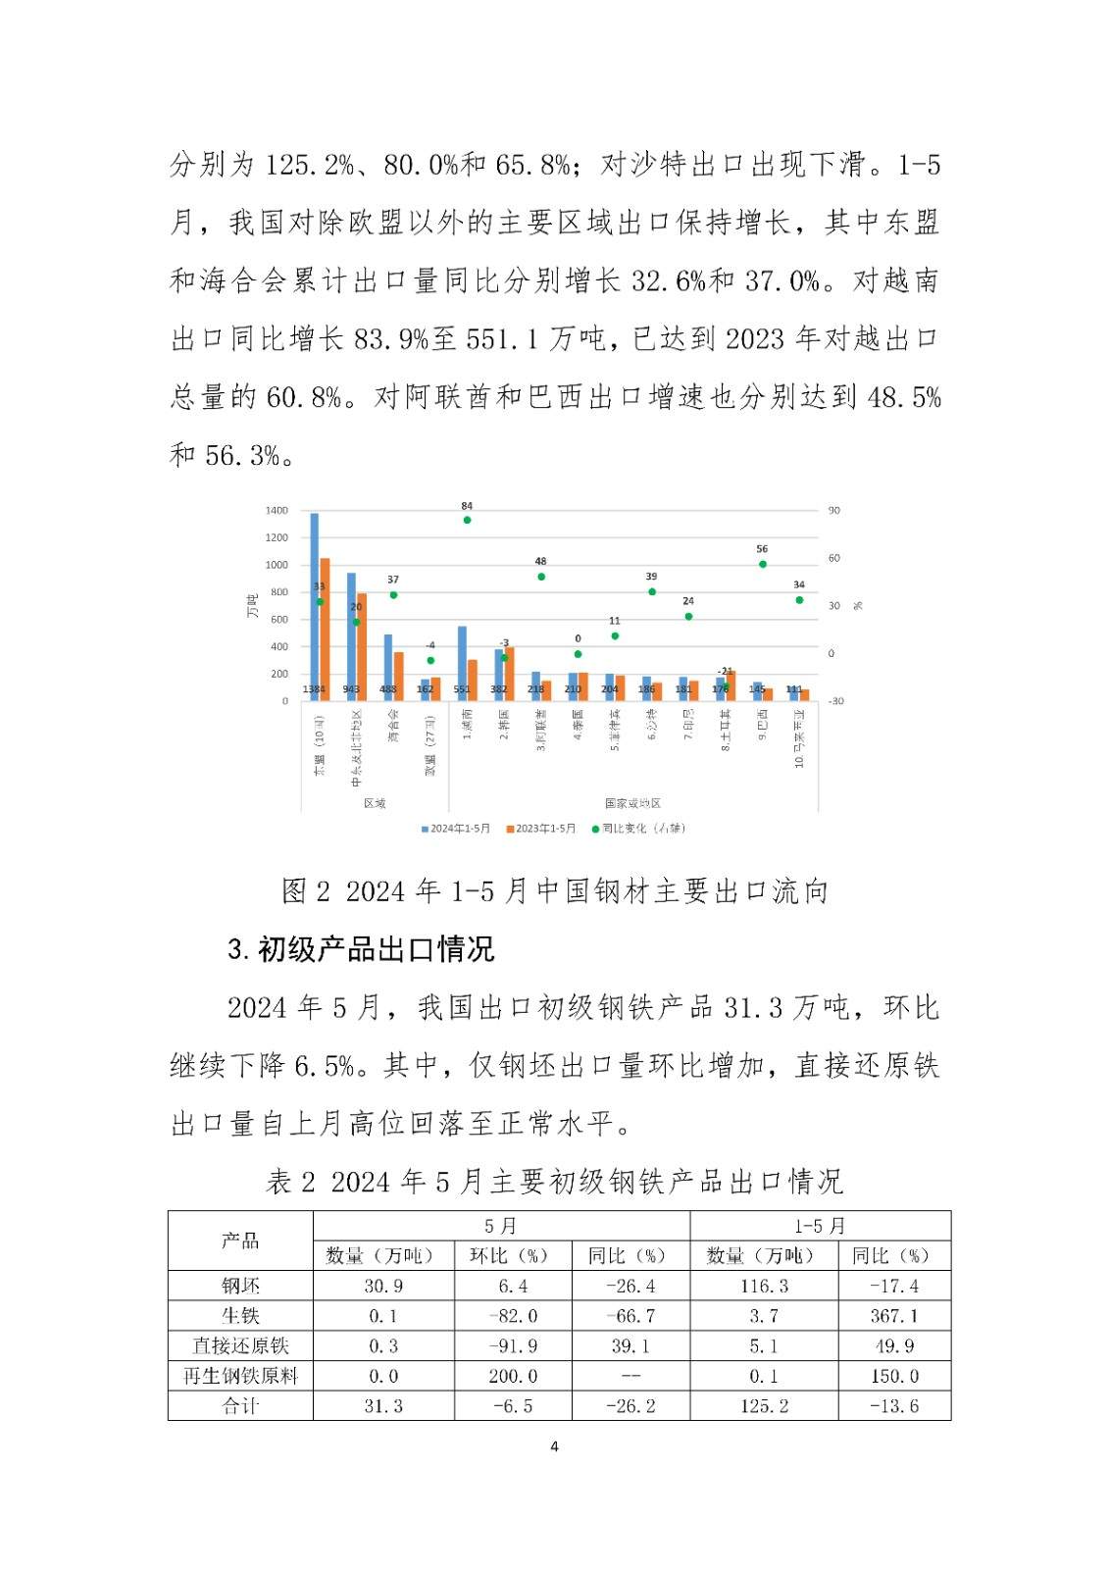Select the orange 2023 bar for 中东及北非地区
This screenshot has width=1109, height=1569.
pyautogui.click(x=362, y=646)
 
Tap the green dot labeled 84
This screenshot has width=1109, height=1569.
pyautogui.click(x=467, y=520)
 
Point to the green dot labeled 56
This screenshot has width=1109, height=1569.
pyautogui.click(x=762, y=564)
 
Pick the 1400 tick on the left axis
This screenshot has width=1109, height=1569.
pyautogui.click(x=277, y=511)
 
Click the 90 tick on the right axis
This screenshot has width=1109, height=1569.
pyautogui.click(x=834, y=511)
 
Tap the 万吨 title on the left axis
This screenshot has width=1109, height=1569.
pyautogui.click(x=252, y=605)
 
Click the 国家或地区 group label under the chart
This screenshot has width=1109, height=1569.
pyautogui.click(x=632, y=803)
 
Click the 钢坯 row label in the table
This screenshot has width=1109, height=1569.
pyautogui.click(x=240, y=1286)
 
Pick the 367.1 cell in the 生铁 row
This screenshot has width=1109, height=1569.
pyautogui.click(x=894, y=1316)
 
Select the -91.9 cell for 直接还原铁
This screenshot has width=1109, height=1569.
pyautogui.click(x=513, y=1346)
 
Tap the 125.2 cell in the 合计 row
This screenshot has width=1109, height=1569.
pyautogui.click(x=764, y=1406)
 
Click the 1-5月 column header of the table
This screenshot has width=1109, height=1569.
pyautogui.click(x=820, y=1226)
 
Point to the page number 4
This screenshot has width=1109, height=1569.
pyautogui.click(x=555, y=1447)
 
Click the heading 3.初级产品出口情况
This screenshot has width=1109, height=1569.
pyautogui.click(x=361, y=949)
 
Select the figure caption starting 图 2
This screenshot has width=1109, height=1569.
pyautogui.click(x=555, y=890)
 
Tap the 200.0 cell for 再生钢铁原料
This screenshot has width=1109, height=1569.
pyautogui.click(x=513, y=1376)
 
